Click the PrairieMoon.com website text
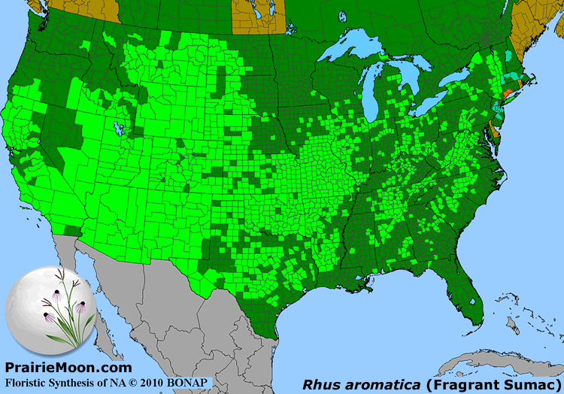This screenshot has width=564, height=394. click(x=68, y=368)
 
